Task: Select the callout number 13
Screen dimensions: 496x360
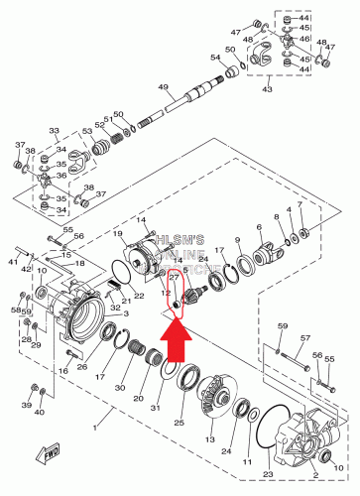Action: tap(208, 437)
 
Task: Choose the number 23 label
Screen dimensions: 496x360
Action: tap(267, 475)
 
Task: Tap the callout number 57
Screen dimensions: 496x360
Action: tap(305, 338)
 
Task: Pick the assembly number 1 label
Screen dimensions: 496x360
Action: tap(95, 428)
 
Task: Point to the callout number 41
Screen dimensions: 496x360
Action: tap(14, 262)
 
